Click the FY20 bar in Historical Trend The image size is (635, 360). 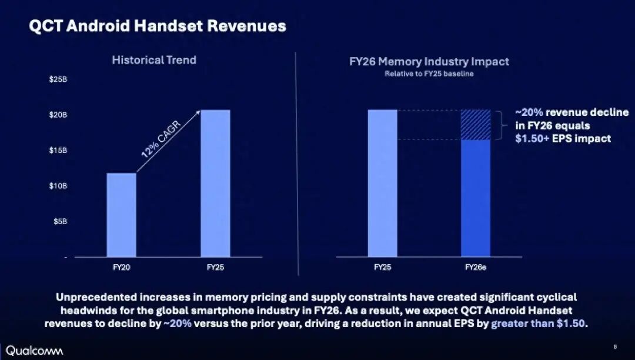coord(122,215)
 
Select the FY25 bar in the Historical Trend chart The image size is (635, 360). coord(215,184)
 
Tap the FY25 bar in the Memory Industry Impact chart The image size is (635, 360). coord(383,184)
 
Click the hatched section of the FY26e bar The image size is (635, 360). coord(476,125)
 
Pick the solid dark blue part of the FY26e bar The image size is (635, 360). coord(476,198)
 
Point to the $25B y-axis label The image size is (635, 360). coord(58,79)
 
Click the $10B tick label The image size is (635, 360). coord(58,186)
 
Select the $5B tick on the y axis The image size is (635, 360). coord(60,222)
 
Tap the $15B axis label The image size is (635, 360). coord(58,151)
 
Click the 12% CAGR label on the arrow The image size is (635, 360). coord(161,139)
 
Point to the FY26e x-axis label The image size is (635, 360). coord(476,268)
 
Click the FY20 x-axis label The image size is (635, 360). coord(122,268)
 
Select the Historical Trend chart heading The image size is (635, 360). coord(154,60)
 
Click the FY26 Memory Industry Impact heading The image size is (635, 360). coord(429,62)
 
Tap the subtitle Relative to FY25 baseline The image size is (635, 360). coord(429,74)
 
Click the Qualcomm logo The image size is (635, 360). coord(35,350)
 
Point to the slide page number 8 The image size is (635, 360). coord(615,346)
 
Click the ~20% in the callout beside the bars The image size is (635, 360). coord(529,112)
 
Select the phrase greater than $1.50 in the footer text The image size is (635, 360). coord(538,324)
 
